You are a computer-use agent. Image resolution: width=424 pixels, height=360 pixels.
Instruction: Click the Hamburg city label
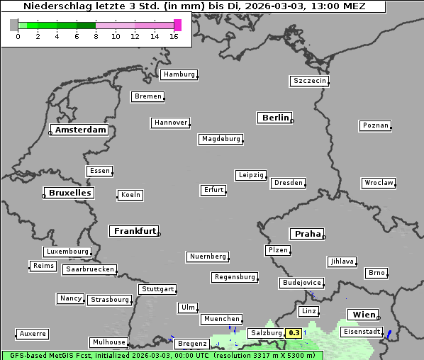(179, 74)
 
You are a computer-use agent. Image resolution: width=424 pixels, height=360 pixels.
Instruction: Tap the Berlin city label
(275, 118)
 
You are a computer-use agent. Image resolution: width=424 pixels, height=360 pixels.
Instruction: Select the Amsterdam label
(80, 130)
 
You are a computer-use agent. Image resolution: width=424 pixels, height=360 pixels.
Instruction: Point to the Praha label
(308, 234)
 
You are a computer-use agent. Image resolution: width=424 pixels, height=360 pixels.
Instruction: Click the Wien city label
(362, 315)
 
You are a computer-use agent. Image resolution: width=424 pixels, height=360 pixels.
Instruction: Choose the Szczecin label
(310, 81)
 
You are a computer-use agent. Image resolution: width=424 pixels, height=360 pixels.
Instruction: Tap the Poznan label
(375, 125)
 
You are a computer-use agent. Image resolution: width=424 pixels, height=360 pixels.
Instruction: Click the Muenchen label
(222, 320)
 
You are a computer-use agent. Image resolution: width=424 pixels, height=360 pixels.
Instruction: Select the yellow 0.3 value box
(294, 333)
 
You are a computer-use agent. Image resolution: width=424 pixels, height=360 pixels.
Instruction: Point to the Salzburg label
(266, 333)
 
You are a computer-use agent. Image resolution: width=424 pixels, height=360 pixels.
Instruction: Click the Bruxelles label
(69, 193)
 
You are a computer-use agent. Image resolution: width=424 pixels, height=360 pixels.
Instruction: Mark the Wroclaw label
(378, 183)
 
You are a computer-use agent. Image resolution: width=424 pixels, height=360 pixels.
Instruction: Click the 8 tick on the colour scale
(96, 35)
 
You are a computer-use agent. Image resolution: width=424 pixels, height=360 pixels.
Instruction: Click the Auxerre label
(33, 333)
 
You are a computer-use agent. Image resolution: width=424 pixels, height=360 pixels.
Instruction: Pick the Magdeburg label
(221, 139)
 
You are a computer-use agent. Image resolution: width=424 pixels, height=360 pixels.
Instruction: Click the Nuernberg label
(208, 256)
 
